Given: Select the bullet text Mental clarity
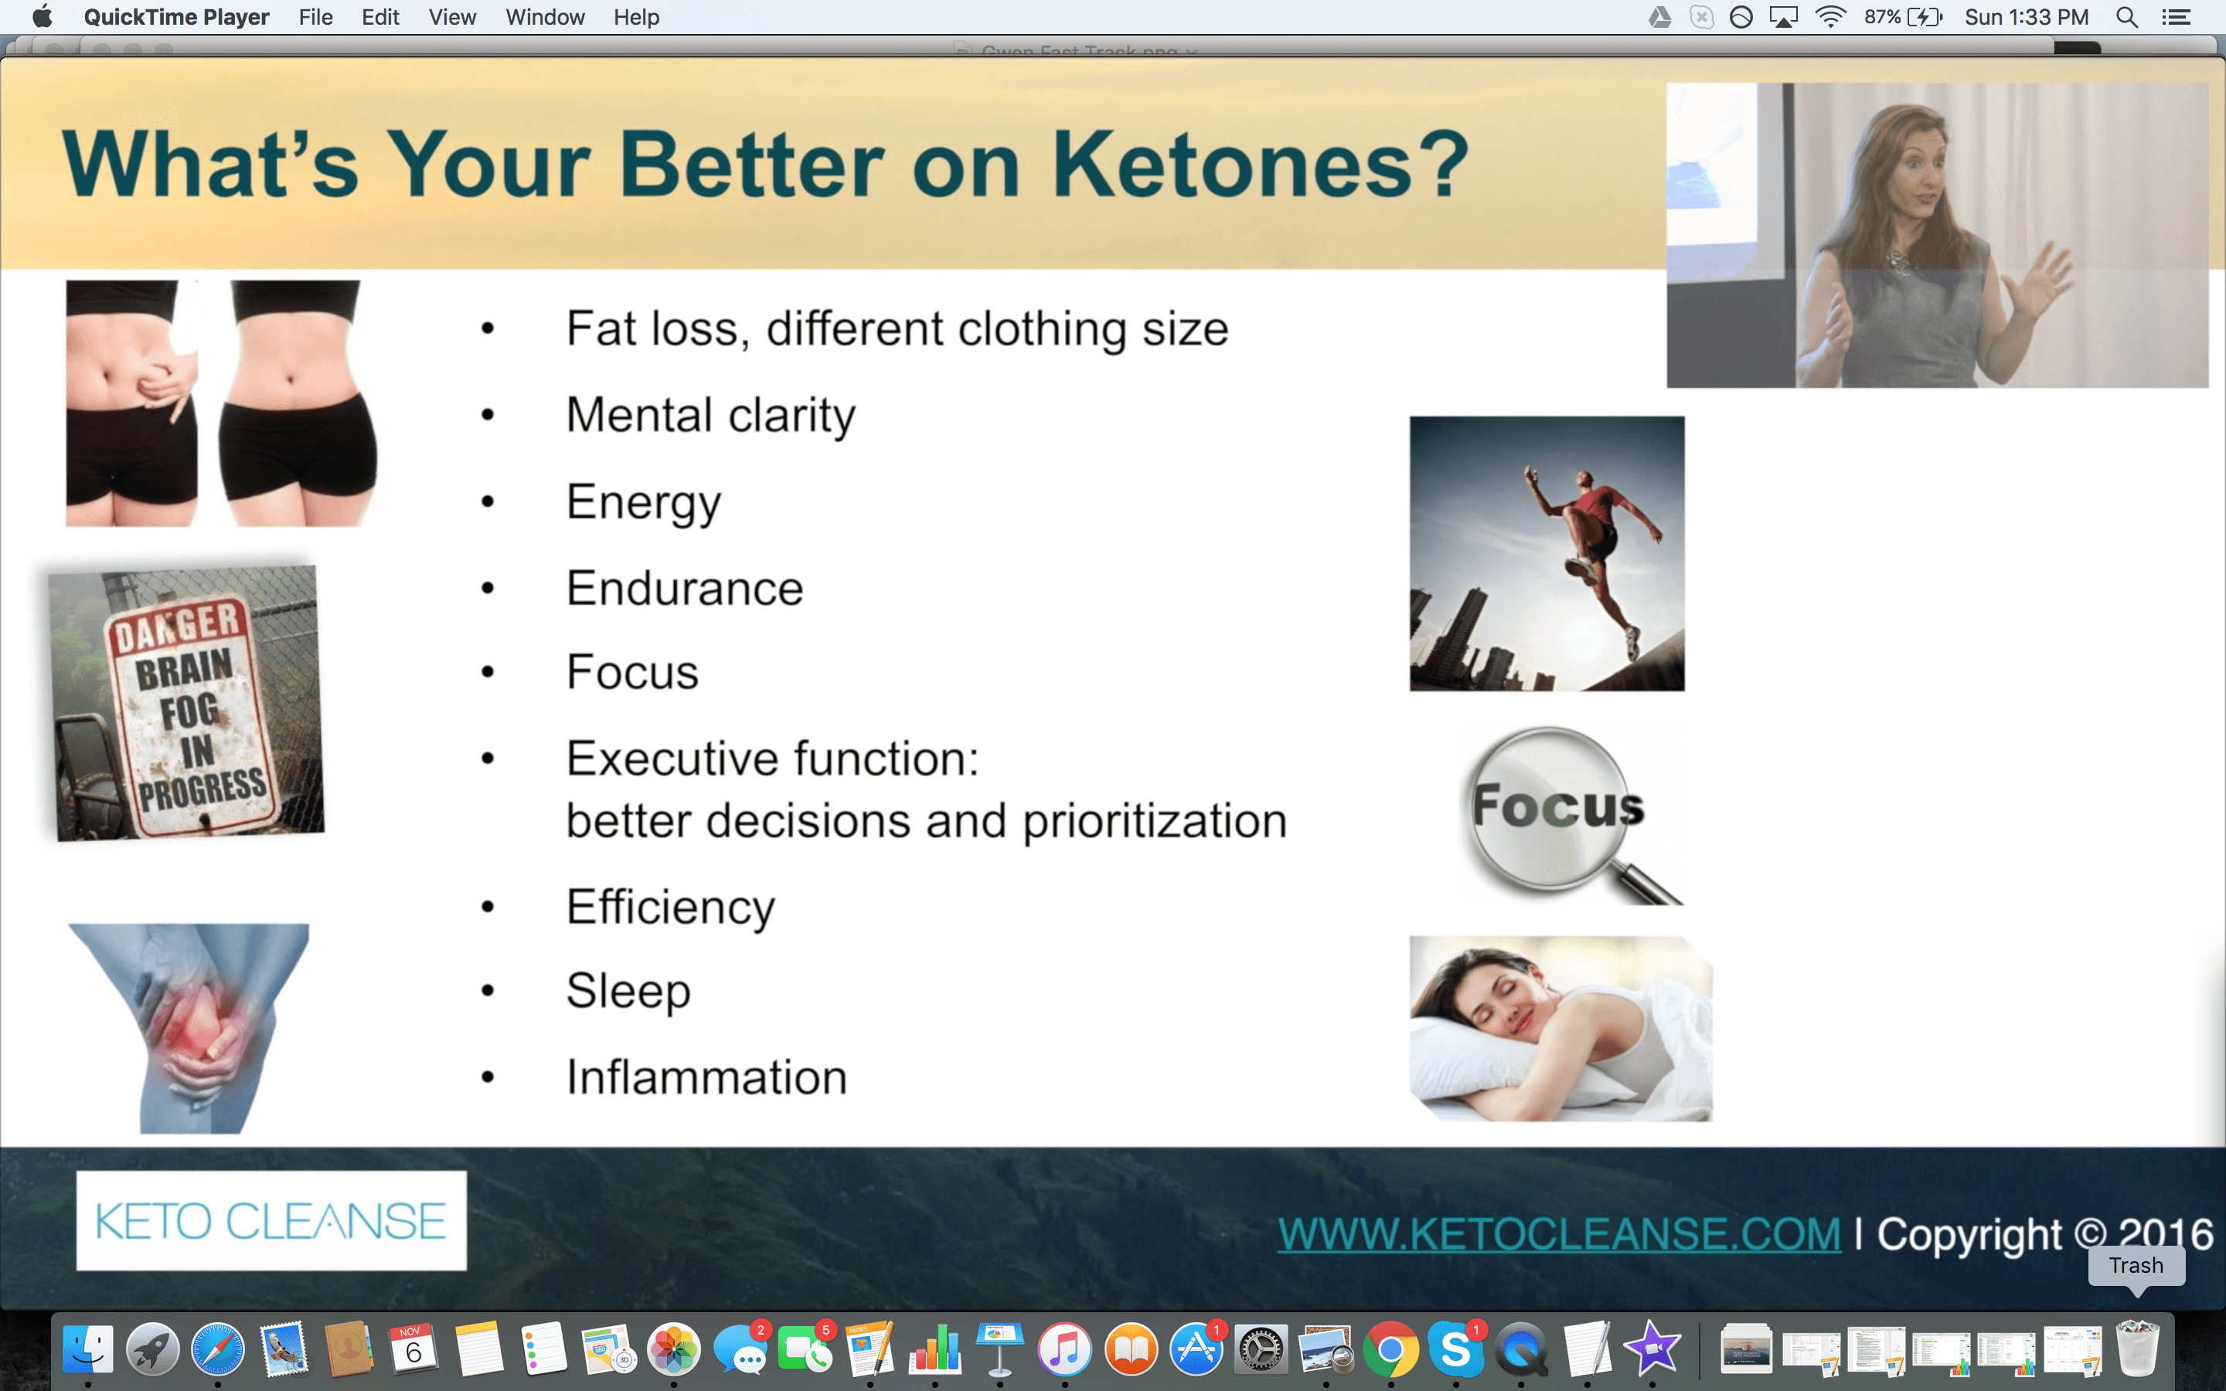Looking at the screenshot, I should pyautogui.click(x=710, y=416).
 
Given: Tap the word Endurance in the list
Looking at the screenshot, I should pyautogui.click(x=684, y=589).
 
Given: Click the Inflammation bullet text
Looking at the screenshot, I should pyautogui.click(x=706, y=1077).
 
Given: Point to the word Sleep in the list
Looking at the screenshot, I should pyautogui.click(x=628, y=991).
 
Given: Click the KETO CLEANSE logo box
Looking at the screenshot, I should pyautogui.click(x=271, y=1221).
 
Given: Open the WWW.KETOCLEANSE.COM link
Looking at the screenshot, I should pyautogui.click(x=1558, y=1233).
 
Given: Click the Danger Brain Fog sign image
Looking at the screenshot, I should pyautogui.click(x=188, y=703).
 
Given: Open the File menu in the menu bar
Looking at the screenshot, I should pyautogui.click(x=315, y=16).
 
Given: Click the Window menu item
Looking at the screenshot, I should pyautogui.click(x=545, y=16).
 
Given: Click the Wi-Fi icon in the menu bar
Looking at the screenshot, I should pyautogui.click(x=1830, y=16).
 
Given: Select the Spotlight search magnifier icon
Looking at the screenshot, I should pyautogui.click(x=2126, y=16).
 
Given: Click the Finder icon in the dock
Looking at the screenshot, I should pyautogui.click(x=88, y=1349).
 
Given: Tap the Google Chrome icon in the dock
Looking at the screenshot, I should pyautogui.click(x=1390, y=1349).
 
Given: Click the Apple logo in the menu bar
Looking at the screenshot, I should pyautogui.click(x=43, y=16).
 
